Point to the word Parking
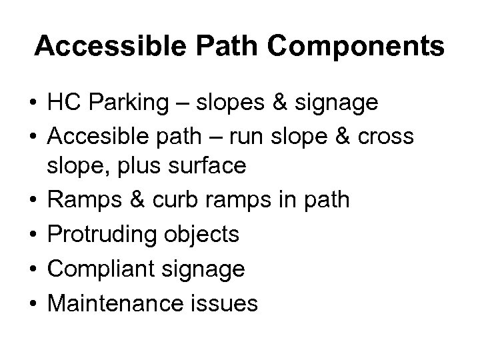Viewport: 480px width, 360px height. click(x=124, y=103)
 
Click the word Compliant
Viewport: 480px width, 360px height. click(x=97, y=268)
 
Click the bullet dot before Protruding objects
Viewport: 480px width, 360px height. click(x=33, y=235)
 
